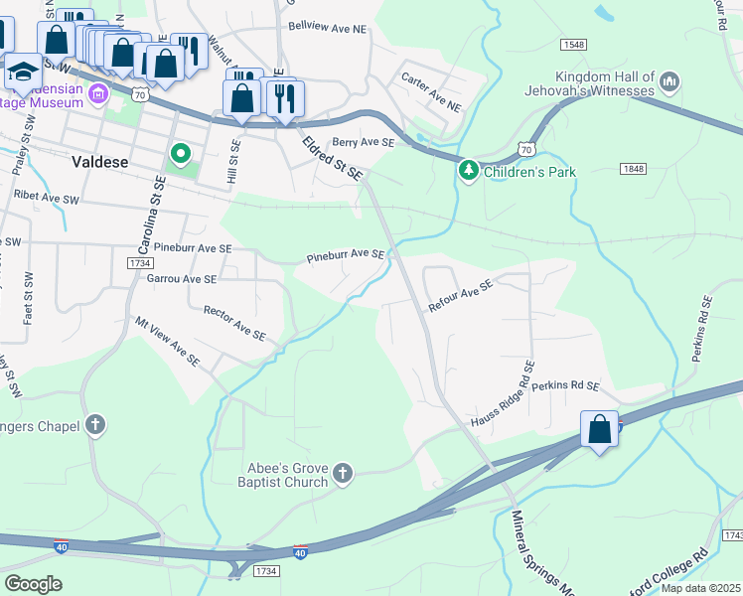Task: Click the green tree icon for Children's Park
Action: tap(469, 171)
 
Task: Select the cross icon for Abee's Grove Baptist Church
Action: tap(343, 474)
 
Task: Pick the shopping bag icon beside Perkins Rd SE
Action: tap(599, 431)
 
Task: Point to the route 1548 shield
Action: tap(573, 45)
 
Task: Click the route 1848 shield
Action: tap(634, 170)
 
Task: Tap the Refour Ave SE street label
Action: tap(461, 296)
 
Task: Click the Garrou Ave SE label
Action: tap(181, 280)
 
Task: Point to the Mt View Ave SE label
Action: tap(167, 341)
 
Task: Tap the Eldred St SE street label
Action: tap(335, 159)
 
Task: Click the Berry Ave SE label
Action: tap(364, 143)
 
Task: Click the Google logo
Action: tap(33, 584)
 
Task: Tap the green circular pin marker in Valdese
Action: tap(180, 154)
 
